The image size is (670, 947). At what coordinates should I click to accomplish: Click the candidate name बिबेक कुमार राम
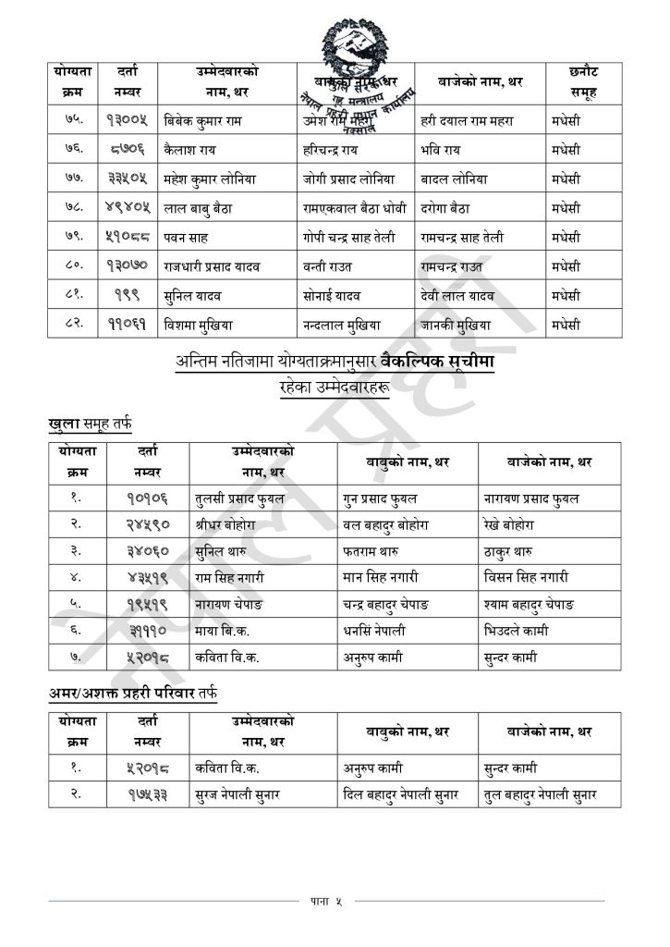click(204, 120)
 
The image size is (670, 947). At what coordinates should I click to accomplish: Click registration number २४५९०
click(147, 524)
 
